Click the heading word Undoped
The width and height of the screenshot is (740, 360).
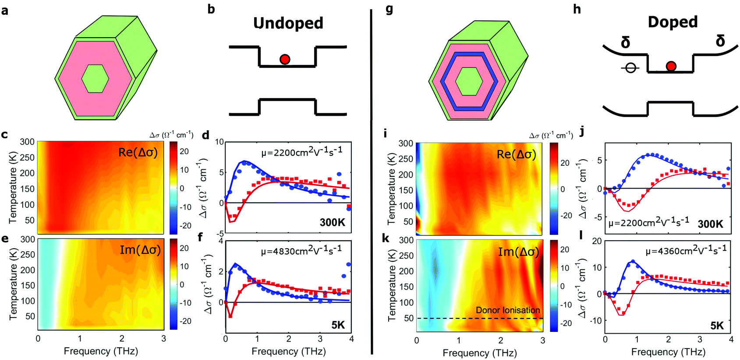point(288,23)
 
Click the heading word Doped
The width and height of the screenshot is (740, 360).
point(673,22)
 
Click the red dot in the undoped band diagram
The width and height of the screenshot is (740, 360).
point(285,59)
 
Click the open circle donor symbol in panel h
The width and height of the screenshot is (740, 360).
point(630,68)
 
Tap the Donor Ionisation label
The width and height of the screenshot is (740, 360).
point(508,310)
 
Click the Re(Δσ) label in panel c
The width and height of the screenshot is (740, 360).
point(138,152)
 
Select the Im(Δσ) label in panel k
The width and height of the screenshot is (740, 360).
point(518,252)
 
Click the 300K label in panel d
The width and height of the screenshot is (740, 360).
point(332,222)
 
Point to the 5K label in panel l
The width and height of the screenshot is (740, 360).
point(717,326)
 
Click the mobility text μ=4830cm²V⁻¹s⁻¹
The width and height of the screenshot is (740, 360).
point(301,250)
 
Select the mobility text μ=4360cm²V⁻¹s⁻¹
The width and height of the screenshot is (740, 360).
point(686,250)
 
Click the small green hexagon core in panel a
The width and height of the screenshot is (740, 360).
point(95,78)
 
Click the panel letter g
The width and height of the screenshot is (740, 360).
point(389,9)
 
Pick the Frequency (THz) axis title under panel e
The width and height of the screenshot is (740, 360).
point(101,351)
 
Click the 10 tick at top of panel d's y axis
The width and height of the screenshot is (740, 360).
point(219,142)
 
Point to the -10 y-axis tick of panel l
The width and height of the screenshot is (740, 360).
point(596,321)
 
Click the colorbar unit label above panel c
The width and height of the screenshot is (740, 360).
point(171,135)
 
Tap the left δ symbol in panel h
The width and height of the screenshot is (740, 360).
point(625,43)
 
